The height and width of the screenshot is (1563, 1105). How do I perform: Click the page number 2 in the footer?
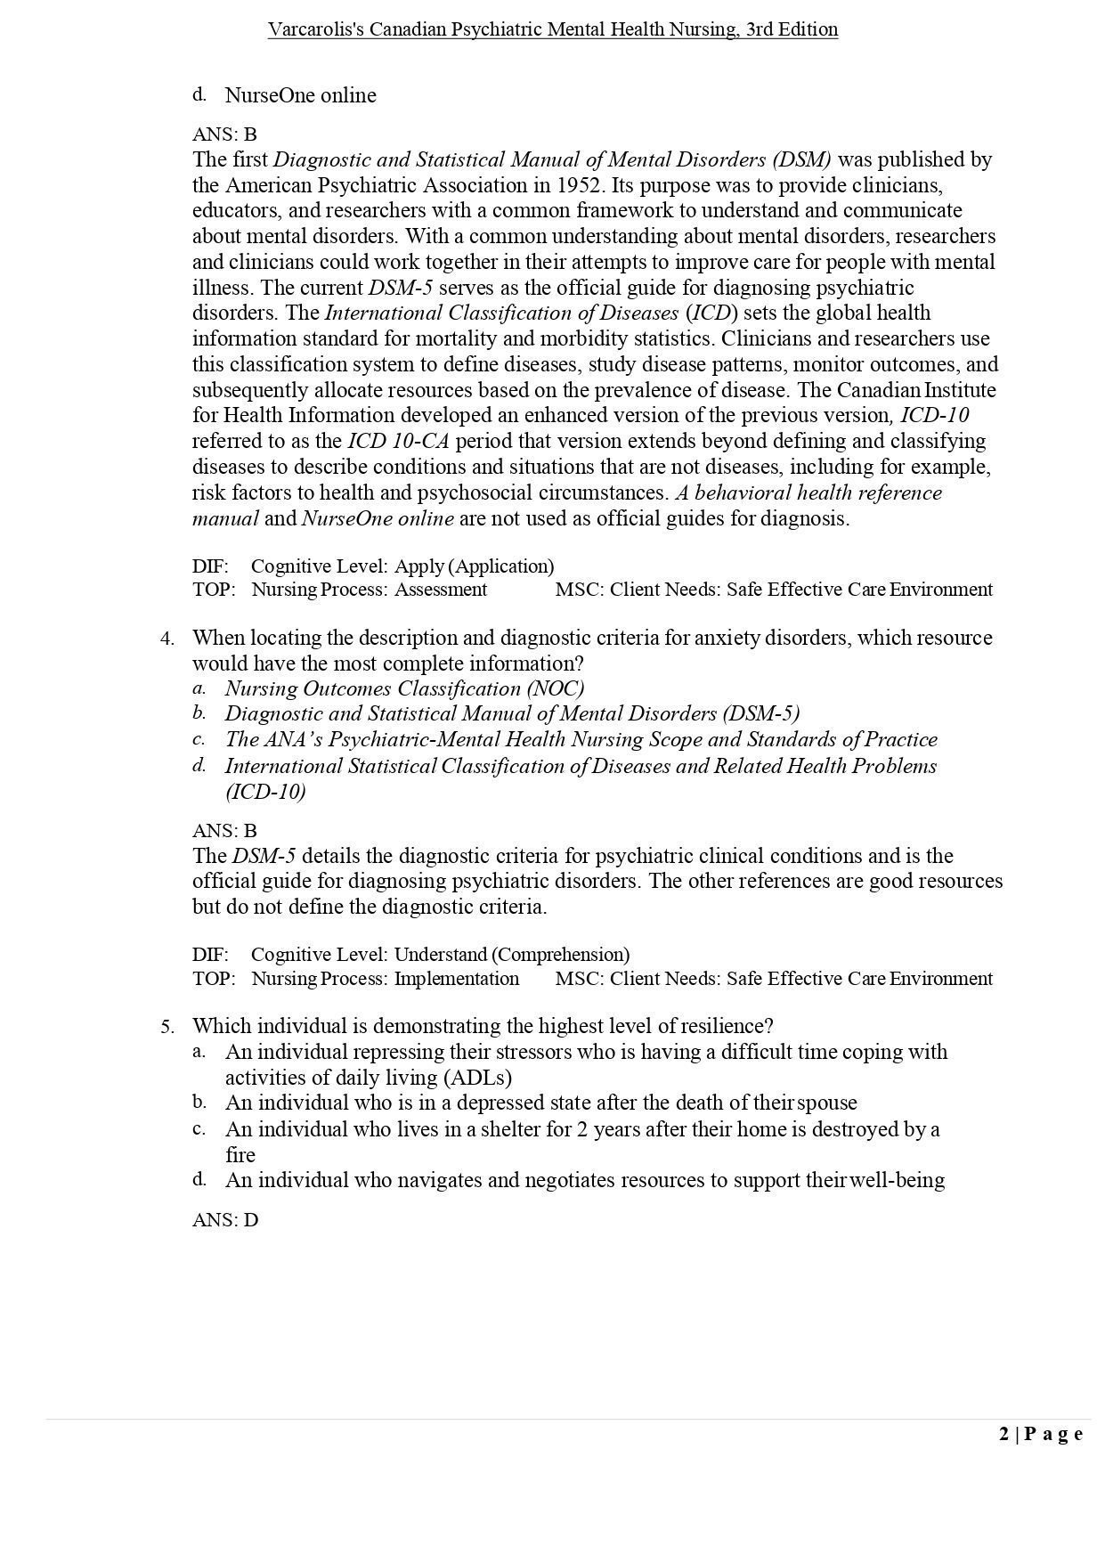pyautogui.click(x=1004, y=1434)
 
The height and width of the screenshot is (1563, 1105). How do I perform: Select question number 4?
pyautogui.click(x=167, y=639)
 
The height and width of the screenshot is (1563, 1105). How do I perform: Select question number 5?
pyautogui.click(x=167, y=1027)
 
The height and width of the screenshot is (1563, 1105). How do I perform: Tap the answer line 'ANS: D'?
pyautogui.click(x=225, y=1220)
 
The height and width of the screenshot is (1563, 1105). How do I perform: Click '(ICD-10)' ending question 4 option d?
pyautogui.click(x=265, y=792)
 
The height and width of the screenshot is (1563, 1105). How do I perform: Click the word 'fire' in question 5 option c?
pyautogui.click(x=240, y=1155)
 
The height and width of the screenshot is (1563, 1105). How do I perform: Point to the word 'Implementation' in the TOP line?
pyautogui.click(x=457, y=979)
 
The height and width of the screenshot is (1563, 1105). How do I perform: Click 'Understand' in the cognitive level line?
pyautogui.click(x=441, y=955)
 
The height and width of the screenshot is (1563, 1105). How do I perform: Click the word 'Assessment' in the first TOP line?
pyautogui.click(x=441, y=590)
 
